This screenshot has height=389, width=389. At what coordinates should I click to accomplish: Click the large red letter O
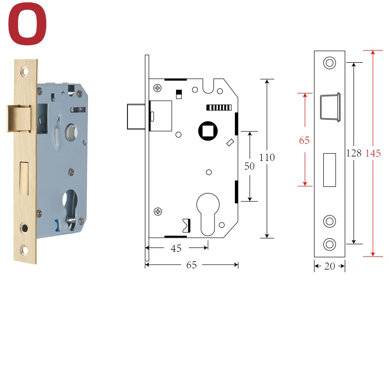27,24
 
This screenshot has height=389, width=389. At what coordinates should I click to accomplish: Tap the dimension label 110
267,158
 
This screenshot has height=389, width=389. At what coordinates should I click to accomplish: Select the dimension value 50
249,166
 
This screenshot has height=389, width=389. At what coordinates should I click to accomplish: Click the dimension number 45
176,248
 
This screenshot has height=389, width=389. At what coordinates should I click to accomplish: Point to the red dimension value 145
373,153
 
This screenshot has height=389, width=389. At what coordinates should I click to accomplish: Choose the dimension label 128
354,153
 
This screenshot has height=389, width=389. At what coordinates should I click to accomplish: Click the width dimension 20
330,266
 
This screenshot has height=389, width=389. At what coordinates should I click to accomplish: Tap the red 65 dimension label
304,141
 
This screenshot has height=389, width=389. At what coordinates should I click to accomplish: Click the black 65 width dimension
192,265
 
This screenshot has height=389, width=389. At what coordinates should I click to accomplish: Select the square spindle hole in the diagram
208,131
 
